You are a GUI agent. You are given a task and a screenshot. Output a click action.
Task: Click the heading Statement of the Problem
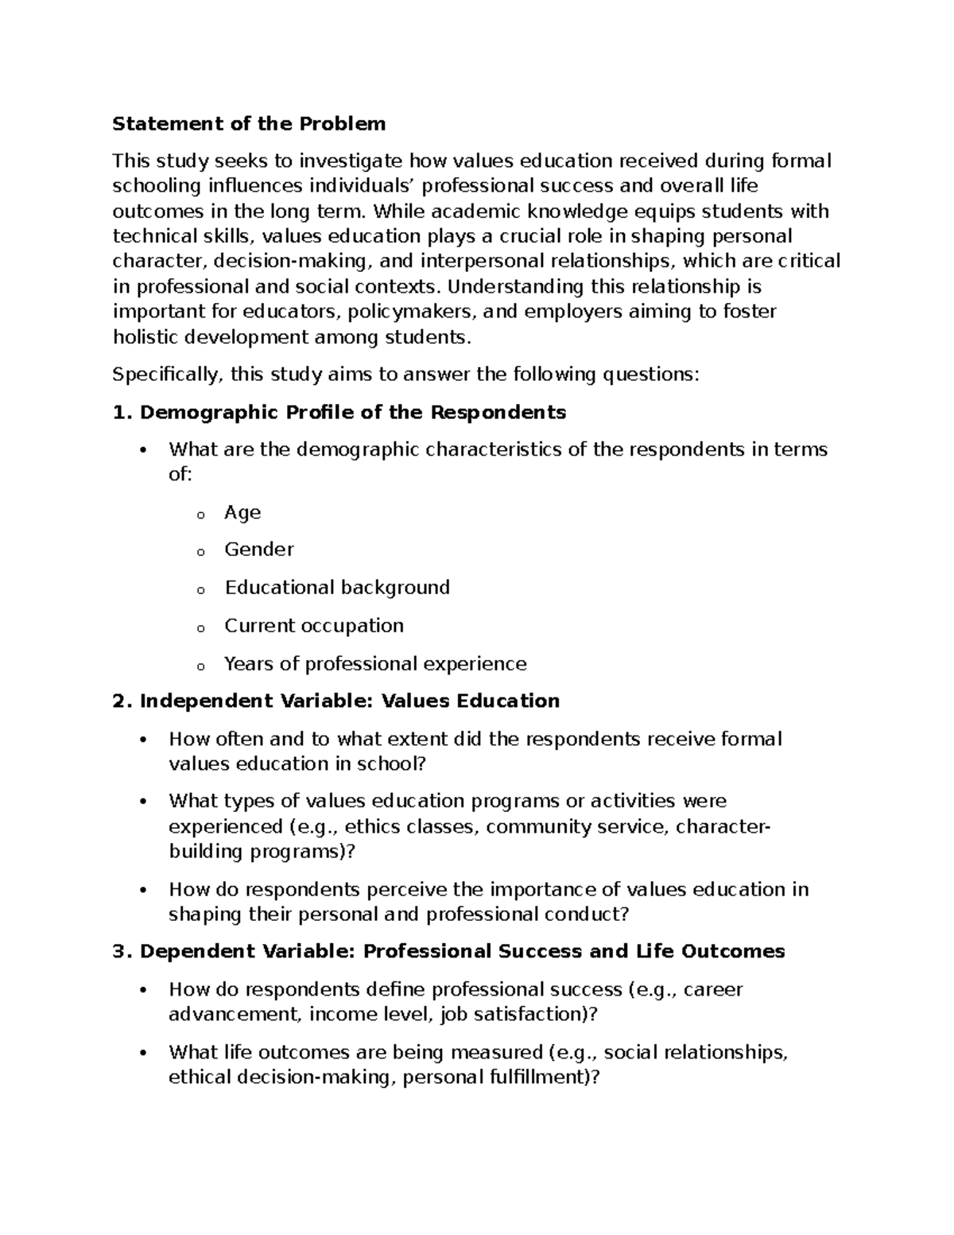point(249,124)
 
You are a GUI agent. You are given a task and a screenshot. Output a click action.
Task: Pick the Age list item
point(242,513)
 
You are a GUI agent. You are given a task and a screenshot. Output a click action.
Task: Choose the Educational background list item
point(337,588)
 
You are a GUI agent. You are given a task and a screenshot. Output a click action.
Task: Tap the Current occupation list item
point(314,626)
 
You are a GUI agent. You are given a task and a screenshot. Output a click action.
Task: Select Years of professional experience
point(375,664)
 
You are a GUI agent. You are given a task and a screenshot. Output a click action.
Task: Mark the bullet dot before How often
point(143,740)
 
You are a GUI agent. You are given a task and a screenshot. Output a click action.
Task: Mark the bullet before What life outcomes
point(143,1054)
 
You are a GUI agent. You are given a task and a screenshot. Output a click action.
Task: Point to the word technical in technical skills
point(153,237)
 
